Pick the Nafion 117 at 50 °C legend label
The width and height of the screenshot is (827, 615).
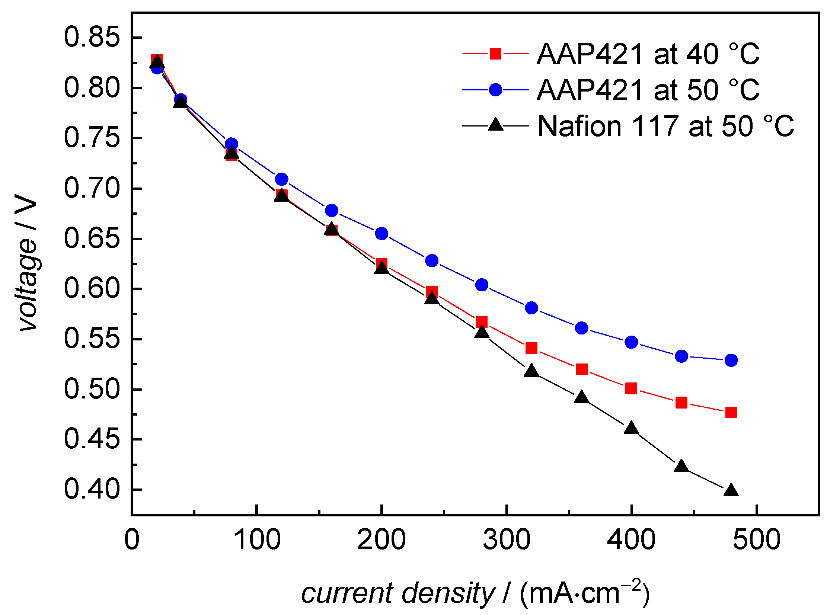665,126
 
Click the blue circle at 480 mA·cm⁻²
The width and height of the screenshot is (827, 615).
731,361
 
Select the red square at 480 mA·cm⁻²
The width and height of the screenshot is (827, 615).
731,413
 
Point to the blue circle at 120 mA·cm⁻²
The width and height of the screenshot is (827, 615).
282,179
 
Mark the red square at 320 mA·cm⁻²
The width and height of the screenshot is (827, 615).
531,348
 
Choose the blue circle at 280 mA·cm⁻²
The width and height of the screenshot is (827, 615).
482,285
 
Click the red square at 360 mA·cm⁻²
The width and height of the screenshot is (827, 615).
582,369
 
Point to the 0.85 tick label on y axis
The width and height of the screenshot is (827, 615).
92,37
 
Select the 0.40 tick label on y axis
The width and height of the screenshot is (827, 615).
92,489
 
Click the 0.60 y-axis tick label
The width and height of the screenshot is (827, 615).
92,288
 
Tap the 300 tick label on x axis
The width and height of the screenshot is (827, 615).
507,539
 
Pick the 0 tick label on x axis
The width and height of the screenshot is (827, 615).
132,539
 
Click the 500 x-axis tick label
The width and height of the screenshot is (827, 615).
756,539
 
